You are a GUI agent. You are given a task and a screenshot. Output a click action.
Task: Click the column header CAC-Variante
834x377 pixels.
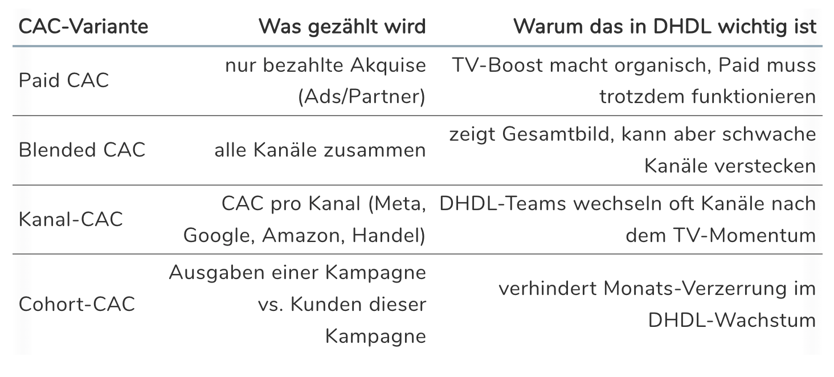(x=83, y=27)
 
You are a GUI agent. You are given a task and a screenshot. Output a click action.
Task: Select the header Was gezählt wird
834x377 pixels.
(x=342, y=27)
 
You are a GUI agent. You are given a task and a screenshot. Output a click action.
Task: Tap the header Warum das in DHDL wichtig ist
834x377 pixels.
(x=665, y=27)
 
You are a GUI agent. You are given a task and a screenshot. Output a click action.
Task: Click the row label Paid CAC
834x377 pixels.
(x=64, y=80)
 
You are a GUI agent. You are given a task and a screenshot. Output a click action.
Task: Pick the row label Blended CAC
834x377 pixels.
(x=82, y=150)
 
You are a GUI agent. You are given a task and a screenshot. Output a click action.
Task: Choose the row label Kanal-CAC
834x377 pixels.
(x=71, y=219)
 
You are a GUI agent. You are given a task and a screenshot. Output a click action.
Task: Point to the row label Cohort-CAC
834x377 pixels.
(x=77, y=304)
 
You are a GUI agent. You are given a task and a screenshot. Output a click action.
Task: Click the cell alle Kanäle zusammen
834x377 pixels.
(x=320, y=150)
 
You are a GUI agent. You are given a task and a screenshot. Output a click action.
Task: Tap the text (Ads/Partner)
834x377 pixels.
(x=362, y=97)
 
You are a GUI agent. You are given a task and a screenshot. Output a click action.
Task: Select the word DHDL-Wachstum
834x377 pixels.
(x=732, y=321)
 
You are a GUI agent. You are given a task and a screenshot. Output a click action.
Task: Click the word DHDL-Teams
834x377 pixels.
(x=502, y=203)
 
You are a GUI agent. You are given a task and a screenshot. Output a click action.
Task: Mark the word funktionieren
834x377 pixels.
(x=754, y=97)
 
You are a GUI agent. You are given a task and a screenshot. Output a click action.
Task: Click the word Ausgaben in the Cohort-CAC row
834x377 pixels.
(x=217, y=273)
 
